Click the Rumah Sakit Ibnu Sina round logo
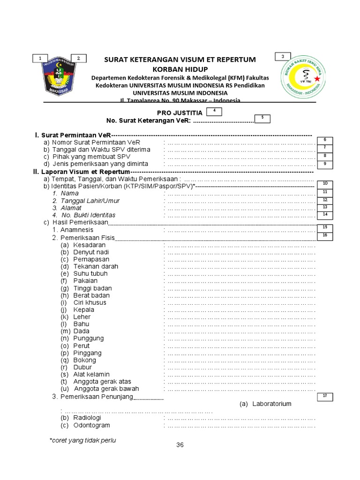tap(300, 79)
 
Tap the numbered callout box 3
tap(283, 57)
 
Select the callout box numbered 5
tap(262, 118)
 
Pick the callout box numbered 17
tap(324, 396)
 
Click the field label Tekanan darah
tap(96, 266)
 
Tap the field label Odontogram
tap(91, 425)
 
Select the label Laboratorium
tap(271, 404)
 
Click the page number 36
tap(180, 445)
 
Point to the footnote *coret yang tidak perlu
tap(82, 440)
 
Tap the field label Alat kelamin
tap(91, 374)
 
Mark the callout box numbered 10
tap(324, 183)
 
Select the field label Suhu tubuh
tap(90, 273)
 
